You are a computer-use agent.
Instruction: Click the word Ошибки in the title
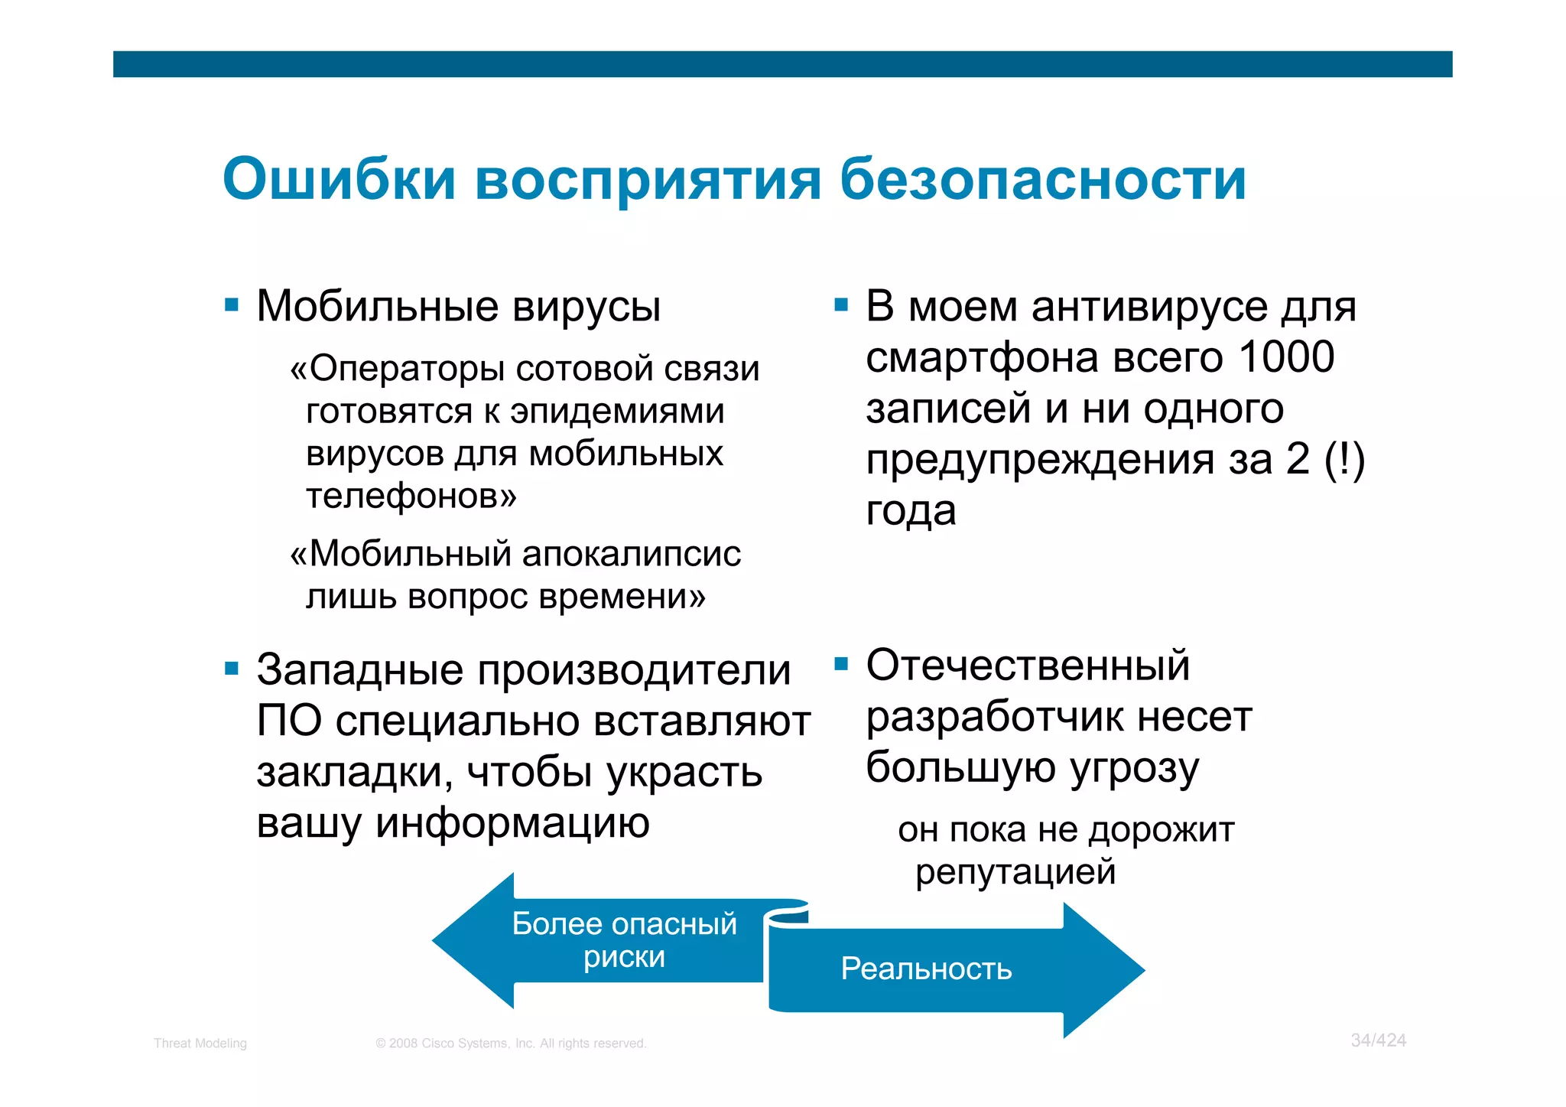pos(339,179)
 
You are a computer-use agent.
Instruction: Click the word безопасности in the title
pos(1043,179)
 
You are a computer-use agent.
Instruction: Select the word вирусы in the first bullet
pos(586,307)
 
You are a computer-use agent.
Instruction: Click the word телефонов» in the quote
pos(411,496)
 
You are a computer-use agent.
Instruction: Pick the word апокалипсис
pos(632,553)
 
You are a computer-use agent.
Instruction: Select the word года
pos(911,510)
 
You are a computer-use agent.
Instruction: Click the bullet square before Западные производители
pos(232,669)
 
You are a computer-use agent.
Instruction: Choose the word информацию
pos(512,823)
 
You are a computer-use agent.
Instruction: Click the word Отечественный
pos(1028,665)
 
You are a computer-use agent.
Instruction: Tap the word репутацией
pos(1015,871)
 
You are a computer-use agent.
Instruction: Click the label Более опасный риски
pos(624,940)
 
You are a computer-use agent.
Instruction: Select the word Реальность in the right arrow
pos(926,969)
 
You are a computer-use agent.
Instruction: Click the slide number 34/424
pos(1378,1040)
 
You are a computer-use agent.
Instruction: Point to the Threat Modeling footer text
pos(200,1044)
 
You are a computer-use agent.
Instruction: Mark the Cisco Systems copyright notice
pos(511,1044)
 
